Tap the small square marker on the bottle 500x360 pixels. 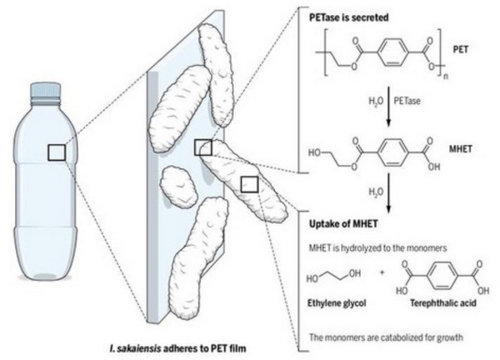(x=56, y=152)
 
